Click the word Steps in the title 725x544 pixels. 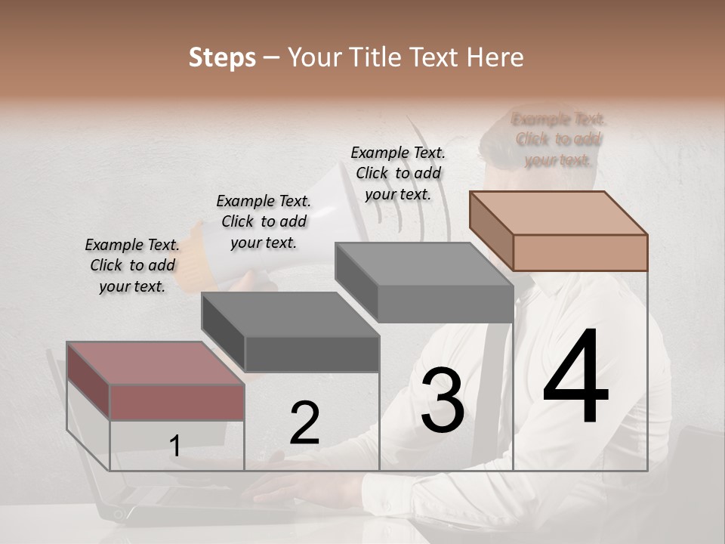pos(222,57)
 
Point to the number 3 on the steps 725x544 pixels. pos(443,401)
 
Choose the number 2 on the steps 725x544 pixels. pos(304,423)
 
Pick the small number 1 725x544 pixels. pos(175,447)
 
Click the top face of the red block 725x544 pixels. pos(156,363)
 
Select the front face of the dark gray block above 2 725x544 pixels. pos(312,354)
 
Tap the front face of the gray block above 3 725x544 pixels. pos(445,304)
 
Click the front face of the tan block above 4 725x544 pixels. pos(579,252)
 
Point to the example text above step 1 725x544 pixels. pos(132,265)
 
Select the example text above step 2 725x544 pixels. pos(264,221)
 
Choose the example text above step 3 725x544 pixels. pos(398,173)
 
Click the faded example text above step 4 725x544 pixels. pos(558,139)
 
